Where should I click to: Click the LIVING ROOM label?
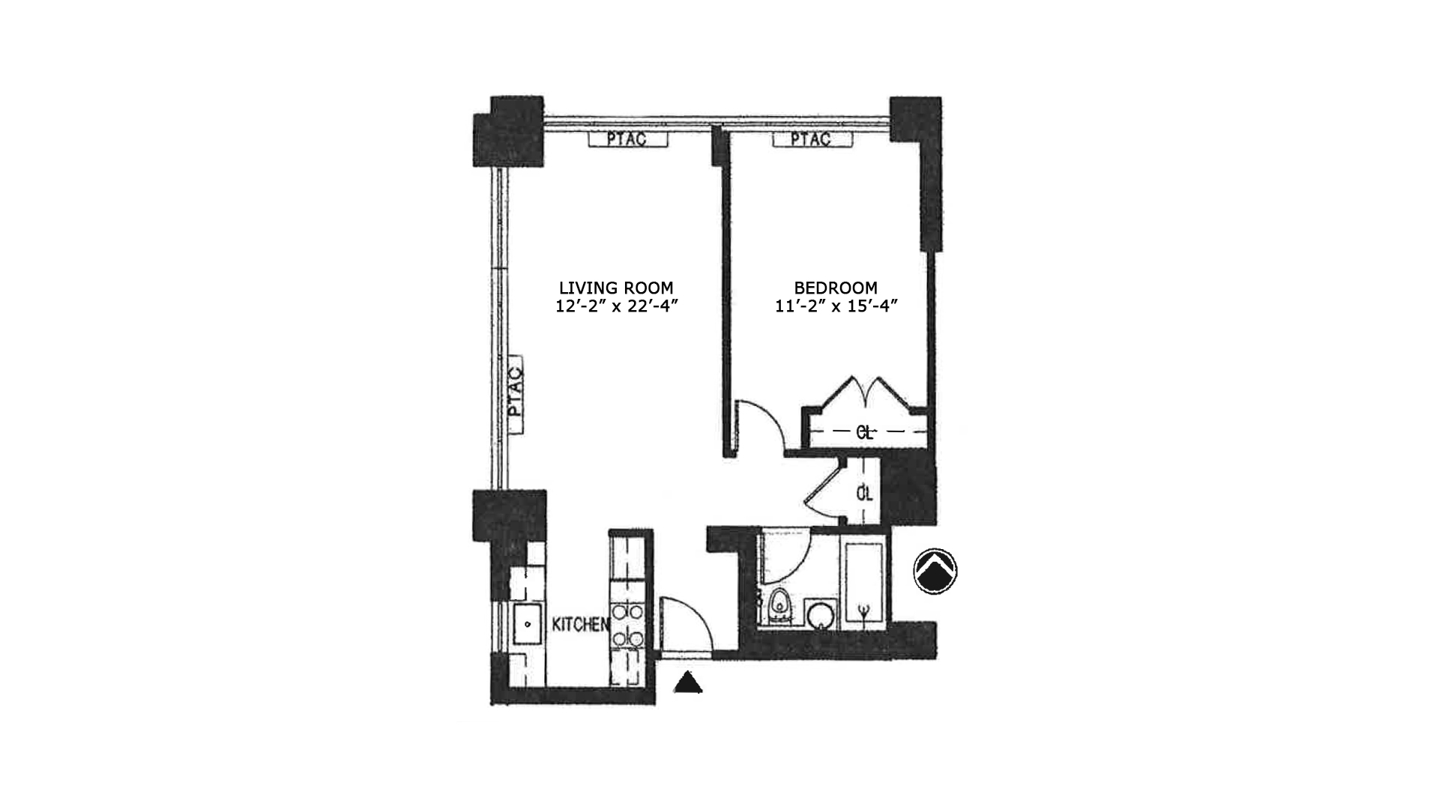pos(616,288)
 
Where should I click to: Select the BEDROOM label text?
pos(836,288)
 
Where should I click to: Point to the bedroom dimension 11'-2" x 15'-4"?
pos(836,306)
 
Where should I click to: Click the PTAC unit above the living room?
pos(627,139)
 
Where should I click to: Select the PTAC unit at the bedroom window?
pos(812,139)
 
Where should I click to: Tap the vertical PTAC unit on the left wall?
pos(514,395)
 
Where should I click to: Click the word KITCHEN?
pos(579,625)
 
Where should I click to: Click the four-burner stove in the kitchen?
pos(627,625)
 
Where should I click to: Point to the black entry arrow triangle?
pos(687,682)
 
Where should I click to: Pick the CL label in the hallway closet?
pos(865,494)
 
